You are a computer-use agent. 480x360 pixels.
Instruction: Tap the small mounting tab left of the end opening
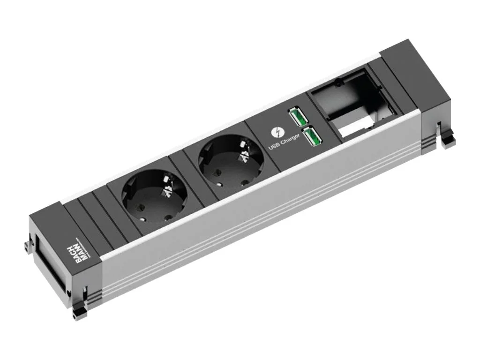26,247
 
